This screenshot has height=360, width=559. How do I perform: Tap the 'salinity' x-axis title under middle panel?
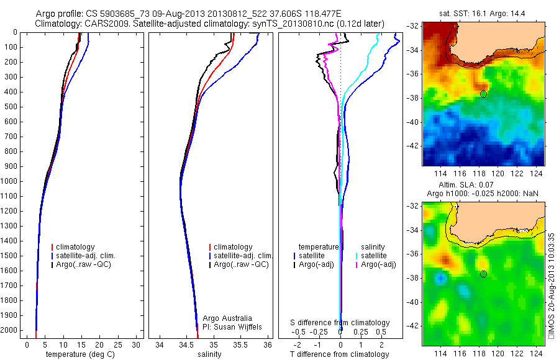[x=208, y=354]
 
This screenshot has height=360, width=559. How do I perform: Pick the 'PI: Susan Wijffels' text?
[x=233, y=326]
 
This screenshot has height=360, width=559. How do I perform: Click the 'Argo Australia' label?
[x=228, y=318]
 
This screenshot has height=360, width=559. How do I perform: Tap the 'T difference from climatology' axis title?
[x=340, y=354]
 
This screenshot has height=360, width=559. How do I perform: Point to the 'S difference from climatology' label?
[x=340, y=323]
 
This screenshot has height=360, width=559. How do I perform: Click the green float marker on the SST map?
[x=483, y=94]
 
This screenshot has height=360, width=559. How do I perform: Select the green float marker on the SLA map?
[x=483, y=274]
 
